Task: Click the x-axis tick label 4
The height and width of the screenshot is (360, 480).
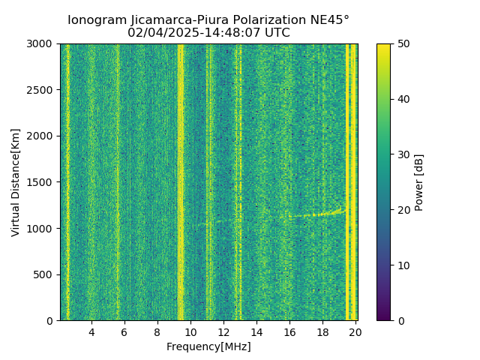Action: coord(91,331)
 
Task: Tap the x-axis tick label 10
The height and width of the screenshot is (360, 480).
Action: coord(190,331)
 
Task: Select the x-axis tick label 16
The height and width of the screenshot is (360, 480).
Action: coord(289,331)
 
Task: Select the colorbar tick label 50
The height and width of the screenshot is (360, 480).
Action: coord(403,44)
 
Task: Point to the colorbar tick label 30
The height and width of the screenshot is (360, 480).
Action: coord(403,154)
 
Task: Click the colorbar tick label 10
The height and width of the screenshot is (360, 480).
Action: coord(403,265)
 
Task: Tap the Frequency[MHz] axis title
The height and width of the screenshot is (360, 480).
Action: coord(208,346)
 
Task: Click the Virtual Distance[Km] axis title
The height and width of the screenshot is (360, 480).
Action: coord(16,182)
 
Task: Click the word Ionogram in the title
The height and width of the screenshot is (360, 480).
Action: coord(96,20)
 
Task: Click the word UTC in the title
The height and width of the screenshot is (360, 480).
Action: coord(276,33)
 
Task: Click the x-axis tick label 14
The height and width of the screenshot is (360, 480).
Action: coord(256,331)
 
